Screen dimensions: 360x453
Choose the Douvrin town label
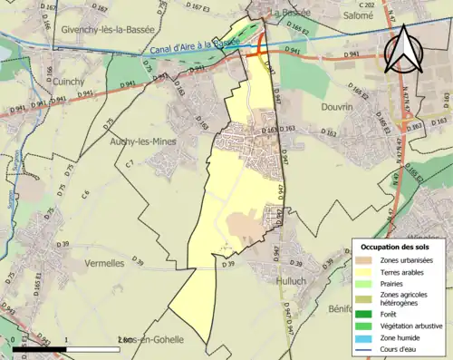click(342, 106)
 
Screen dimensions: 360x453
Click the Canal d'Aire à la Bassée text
click(191, 44)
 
